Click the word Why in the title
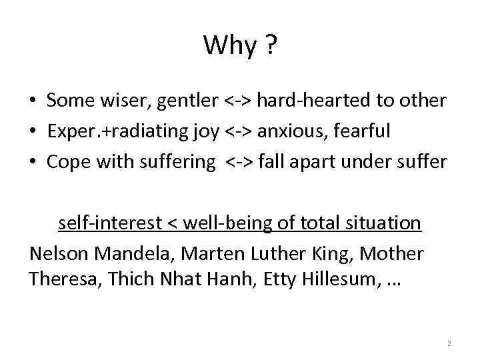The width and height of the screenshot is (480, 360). (230, 46)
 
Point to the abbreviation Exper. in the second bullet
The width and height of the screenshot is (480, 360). (73, 131)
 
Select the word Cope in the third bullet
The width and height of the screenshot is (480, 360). (67, 162)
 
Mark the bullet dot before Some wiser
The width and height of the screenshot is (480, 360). (32, 102)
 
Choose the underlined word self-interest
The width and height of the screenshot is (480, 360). (109, 223)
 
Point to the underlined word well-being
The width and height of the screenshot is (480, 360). (219, 223)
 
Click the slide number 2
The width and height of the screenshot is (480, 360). (449, 344)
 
